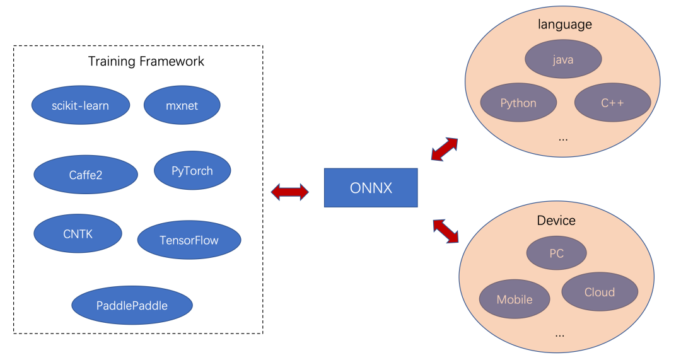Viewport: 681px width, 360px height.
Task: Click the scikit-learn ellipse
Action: pos(81,105)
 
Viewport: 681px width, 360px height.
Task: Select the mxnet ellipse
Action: pos(182,105)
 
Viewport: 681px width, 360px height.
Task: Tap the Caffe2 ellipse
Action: pos(85,175)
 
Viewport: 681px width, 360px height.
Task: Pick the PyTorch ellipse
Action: pos(192,170)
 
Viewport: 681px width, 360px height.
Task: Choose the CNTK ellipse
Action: pos(78,233)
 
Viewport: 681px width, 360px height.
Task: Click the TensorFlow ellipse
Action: pos(189,240)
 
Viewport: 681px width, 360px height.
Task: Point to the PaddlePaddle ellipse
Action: pos(132,305)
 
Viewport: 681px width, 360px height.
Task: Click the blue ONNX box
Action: pos(371,188)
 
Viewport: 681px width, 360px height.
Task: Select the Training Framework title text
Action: pos(146,61)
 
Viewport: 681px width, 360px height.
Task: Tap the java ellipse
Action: pos(563,60)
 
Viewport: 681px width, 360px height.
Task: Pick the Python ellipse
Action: pos(518,103)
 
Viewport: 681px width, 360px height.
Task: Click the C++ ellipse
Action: pos(612,103)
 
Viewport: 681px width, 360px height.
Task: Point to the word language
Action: pos(564,25)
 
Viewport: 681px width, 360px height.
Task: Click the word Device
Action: pos(556,220)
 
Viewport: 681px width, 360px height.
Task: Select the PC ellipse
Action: pos(556,253)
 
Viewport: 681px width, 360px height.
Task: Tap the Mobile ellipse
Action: pos(515,299)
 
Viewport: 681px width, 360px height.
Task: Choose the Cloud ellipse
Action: pos(599,292)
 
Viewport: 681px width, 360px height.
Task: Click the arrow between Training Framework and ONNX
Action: pos(289,192)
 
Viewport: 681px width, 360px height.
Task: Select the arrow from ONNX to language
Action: pos(445,149)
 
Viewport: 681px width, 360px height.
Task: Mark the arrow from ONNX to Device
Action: pos(445,230)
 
